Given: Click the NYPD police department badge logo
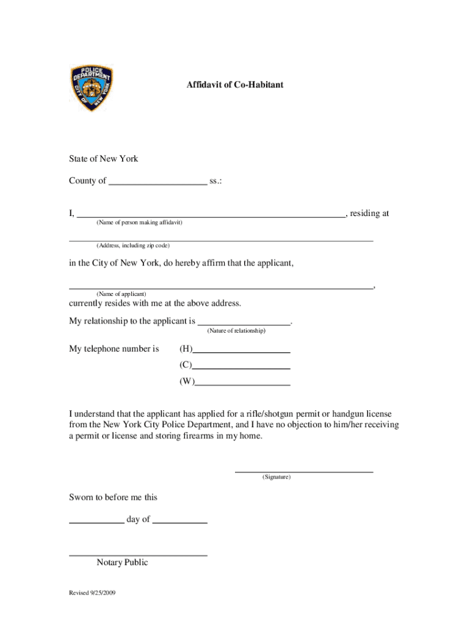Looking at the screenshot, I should pyautogui.click(x=92, y=89).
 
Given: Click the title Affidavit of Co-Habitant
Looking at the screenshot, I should pyautogui.click(x=235, y=85).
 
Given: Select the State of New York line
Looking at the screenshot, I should pyautogui.click(x=103, y=159).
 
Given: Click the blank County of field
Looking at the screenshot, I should pyautogui.click(x=157, y=181).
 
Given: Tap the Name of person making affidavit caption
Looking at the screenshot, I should pyautogui.click(x=139, y=223).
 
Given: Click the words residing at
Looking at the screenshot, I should pyautogui.click(x=369, y=214).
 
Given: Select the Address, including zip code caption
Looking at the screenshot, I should pyautogui.click(x=132, y=245).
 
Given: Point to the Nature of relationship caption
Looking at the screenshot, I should pyautogui.click(x=236, y=331).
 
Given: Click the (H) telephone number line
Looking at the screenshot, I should pyautogui.click(x=241, y=350).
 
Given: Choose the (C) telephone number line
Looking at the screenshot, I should pyautogui.click(x=241, y=366).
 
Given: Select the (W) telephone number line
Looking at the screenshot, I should pyautogui.click(x=242, y=383).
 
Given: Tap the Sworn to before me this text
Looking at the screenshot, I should pyautogui.click(x=113, y=497).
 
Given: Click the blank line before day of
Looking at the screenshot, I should pyautogui.click(x=96, y=520).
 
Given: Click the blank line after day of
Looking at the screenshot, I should pyautogui.click(x=180, y=520).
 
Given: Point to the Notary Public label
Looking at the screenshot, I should pyautogui.click(x=122, y=563).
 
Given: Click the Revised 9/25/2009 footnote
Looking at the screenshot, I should pyautogui.click(x=92, y=593).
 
